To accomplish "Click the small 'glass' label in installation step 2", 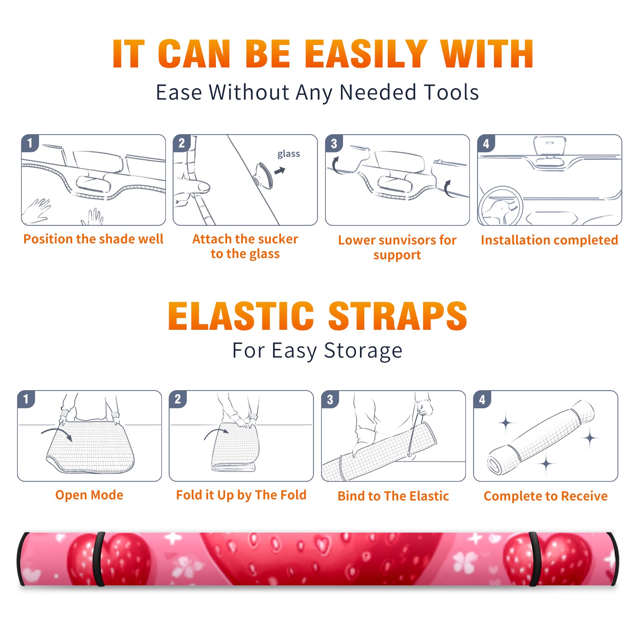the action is point(289,154).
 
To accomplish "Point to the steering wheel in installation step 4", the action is point(500,206).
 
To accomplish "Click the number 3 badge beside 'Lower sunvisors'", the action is point(334,143).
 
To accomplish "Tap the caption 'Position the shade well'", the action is point(93,239).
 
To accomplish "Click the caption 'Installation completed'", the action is point(549,240).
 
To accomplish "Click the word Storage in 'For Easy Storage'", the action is point(363,351).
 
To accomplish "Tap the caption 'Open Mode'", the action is point(89,495).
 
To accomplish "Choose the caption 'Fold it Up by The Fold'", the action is point(241,495).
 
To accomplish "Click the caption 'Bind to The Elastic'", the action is point(393,496).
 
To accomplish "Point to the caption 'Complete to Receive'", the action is point(546,496).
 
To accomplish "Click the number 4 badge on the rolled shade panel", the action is point(482,399).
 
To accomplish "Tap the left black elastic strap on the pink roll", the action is point(99,559).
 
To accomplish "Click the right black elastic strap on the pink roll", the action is point(535,559).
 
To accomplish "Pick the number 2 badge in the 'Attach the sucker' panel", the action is point(182,143).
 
